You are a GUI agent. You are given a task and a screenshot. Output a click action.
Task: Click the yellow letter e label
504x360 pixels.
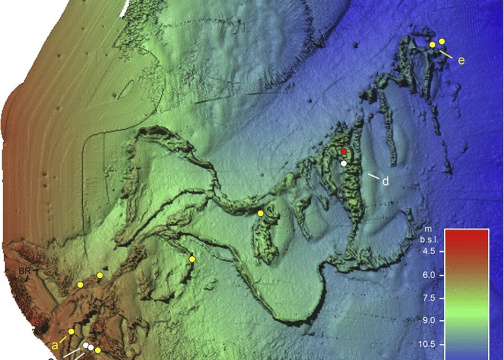[x=461, y=61]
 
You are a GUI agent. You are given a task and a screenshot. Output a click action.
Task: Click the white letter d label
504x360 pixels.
[x=385, y=182]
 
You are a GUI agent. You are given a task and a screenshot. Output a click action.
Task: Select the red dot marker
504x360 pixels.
[x=344, y=151]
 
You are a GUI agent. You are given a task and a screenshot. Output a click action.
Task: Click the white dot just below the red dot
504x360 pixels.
[x=344, y=163]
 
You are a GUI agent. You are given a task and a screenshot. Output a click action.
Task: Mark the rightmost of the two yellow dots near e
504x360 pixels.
[x=442, y=41]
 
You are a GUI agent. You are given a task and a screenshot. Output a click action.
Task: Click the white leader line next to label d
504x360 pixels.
[x=373, y=177]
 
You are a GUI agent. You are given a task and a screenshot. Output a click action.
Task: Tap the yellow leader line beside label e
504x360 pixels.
[x=446, y=53]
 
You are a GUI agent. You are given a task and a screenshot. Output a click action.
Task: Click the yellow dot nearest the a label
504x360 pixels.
[x=71, y=331]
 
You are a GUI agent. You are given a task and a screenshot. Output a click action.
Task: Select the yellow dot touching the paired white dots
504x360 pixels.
[x=97, y=350]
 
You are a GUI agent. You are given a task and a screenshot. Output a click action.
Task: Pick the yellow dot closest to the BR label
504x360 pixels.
[x=80, y=285]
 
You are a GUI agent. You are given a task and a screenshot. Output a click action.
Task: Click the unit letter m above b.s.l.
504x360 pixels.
[x=427, y=230]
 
